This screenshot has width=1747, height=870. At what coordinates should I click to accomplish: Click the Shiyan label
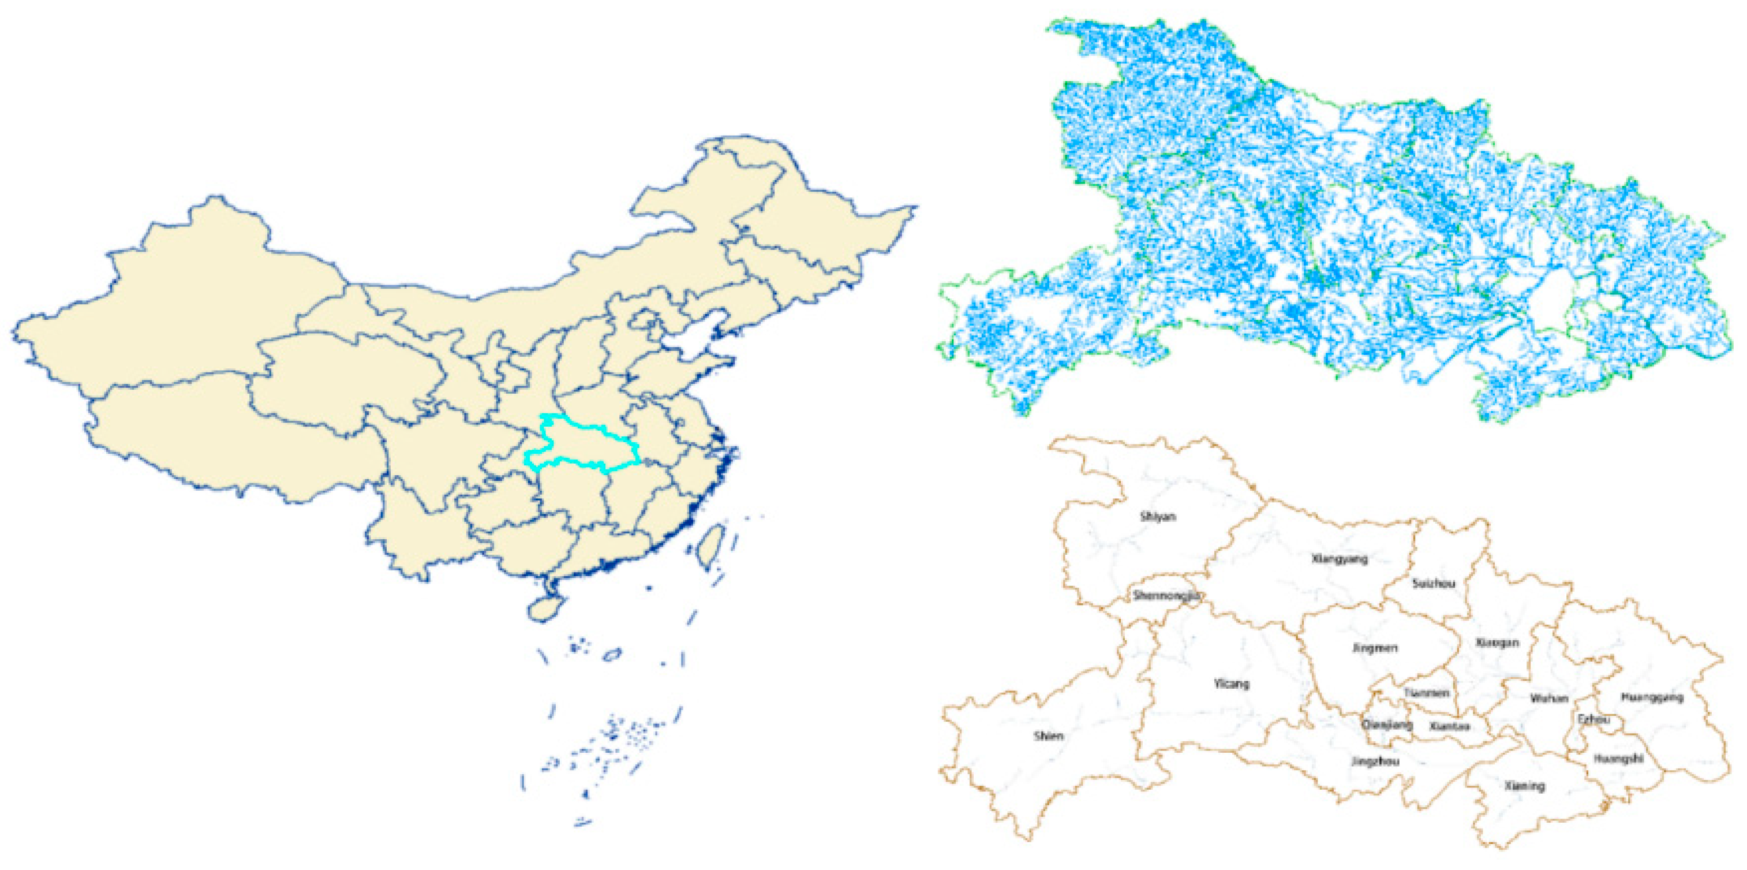pos(1158,517)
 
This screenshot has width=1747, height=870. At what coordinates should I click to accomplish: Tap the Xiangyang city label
pos(1340,559)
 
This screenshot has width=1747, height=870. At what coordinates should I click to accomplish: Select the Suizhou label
pos(1433,584)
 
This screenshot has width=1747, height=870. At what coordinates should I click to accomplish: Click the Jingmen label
pos(1375,648)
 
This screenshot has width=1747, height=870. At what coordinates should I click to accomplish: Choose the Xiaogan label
pos(1497,642)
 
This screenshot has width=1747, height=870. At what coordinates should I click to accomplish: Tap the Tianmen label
pos(1426,693)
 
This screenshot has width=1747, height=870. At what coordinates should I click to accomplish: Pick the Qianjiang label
pos(1387,725)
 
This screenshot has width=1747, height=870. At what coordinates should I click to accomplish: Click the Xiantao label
pos(1449,726)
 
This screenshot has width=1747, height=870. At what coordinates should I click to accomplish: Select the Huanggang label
pos(1651,697)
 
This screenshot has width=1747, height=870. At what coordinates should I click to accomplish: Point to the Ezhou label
pos(1593,719)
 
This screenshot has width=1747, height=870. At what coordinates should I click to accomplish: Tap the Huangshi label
pos(1618,759)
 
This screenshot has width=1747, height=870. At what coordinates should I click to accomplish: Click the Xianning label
pos(1525,786)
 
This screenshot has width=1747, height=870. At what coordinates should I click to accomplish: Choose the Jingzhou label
pos(1375,761)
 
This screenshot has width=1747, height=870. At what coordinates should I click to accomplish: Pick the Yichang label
pos(1231,684)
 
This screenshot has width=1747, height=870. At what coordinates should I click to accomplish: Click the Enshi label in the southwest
pos(1049,736)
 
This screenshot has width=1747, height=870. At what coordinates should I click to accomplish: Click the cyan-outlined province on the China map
pos(583,445)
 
